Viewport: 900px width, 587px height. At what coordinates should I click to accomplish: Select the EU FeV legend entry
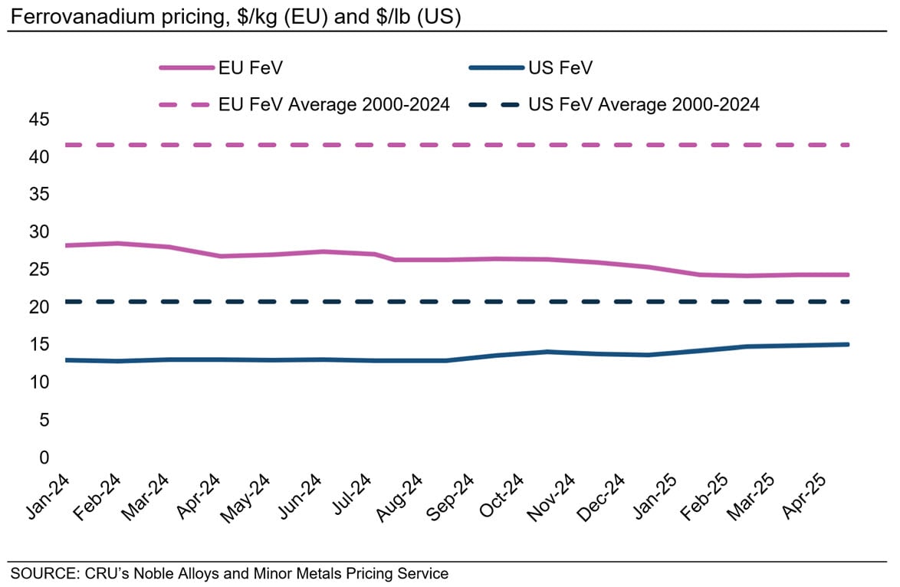point(251,67)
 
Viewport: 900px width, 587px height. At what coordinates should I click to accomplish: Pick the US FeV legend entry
point(560,67)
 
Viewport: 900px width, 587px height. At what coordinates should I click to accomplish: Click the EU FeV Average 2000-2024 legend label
point(334,105)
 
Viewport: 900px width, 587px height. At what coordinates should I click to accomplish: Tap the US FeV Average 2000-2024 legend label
point(644,105)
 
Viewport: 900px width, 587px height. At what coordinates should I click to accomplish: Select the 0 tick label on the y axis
point(43,457)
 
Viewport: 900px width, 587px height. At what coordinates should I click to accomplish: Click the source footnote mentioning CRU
point(228,572)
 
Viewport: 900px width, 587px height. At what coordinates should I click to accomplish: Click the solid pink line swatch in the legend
point(186,67)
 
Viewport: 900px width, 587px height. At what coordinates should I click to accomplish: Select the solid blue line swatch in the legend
point(495,67)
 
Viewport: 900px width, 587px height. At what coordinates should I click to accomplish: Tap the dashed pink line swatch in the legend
point(186,105)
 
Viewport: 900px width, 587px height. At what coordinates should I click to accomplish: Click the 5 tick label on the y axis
point(43,420)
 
